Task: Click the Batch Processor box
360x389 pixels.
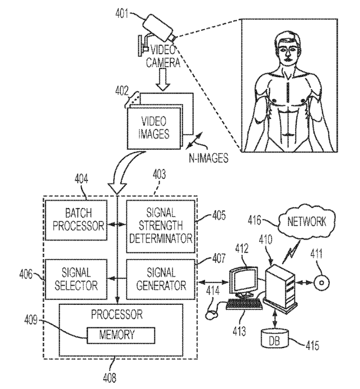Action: (x=76, y=220)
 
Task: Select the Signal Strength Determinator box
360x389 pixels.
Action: (x=161, y=226)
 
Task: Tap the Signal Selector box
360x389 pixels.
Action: (x=76, y=279)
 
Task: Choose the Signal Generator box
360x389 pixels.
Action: (x=161, y=279)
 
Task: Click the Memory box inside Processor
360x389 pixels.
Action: (x=121, y=335)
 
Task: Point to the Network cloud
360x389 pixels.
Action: (x=307, y=222)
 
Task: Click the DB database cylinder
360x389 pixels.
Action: (x=275, y=339)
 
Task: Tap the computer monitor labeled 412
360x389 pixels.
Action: (x=244, y=282)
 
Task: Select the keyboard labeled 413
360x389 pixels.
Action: (x=244, y=304)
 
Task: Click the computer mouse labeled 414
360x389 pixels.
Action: (x=212, y=315)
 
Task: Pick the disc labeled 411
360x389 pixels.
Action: (x=321, y=283)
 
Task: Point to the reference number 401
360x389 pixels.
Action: (x=122, y=13)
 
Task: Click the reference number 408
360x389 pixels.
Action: (x=110, y=378)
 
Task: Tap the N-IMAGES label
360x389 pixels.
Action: (x=209, y=158)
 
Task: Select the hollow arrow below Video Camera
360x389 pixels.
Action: (x=163, y=80)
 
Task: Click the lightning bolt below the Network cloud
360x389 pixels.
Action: (x=291, y=252)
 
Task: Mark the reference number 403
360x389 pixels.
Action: (x=159, y=174)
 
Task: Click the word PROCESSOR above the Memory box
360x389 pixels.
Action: (x=116, y=314)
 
